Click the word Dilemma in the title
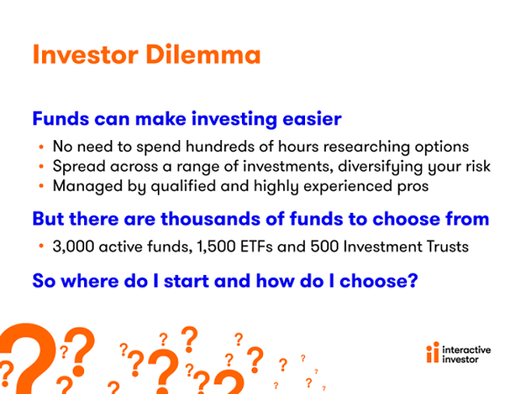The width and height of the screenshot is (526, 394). (x=203, y=54)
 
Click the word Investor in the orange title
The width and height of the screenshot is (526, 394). (x=86, y=54)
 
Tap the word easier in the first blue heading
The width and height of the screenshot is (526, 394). (x=312, y=119)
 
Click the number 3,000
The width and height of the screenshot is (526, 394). (x=74, y=247)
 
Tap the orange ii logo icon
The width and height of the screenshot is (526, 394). (x=433, y=352)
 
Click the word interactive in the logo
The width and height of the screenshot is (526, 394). (x=466, y=350)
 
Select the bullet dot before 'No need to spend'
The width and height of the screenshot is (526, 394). (x=41, y=146)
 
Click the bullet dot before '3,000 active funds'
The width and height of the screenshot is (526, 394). (x=41, y=246)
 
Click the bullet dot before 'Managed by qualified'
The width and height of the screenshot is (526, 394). (x=41, y=186)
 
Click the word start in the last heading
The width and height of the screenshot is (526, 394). (x=186, y=281)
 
